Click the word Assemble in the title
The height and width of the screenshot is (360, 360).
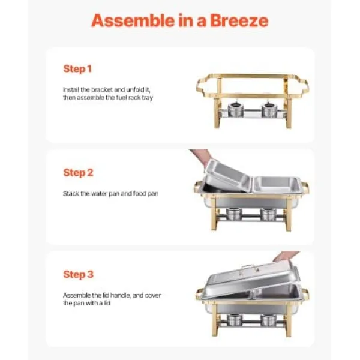tap(133, 20)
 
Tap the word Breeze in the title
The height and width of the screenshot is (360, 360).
tap(239, 20)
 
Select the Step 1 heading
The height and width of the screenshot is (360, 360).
tap(77, 68)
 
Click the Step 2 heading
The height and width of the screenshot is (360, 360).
tap(78, 173)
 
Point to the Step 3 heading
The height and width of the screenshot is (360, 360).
tap(78, 274)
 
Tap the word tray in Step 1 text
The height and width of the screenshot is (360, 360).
tap(148, 98)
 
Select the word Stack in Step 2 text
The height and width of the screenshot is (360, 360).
tap(71, 194)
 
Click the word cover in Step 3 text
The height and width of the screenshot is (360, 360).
tap(154, 295)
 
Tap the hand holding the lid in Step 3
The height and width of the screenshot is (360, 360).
tap(286, 256)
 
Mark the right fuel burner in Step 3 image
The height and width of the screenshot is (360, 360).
tap(269, 320)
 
